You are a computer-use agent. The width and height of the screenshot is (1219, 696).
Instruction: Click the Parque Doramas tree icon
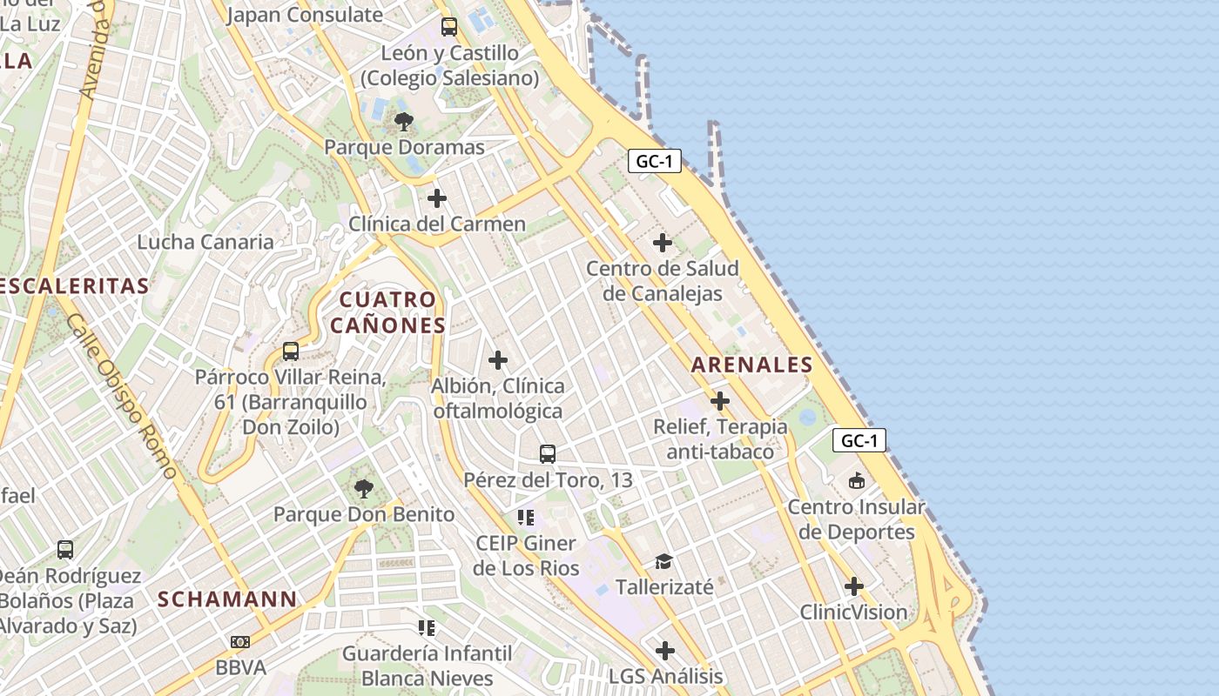[x=403, y=121]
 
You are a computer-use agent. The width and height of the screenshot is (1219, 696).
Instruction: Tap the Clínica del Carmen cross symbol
[x=437, y=198]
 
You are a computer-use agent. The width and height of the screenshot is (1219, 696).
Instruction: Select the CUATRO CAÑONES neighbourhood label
[x=387, y=312]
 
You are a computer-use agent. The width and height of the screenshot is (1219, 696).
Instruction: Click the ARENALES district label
[x=751, y=365]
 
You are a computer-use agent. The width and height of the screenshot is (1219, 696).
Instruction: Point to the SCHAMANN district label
[x=227, y=599]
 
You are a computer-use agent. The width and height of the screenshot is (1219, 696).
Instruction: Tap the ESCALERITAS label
[x=75, y=285]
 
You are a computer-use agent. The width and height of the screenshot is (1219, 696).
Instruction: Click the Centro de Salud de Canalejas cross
[x=663, y=242]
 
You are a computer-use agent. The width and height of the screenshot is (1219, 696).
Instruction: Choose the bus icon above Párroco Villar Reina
[x=291, y=351]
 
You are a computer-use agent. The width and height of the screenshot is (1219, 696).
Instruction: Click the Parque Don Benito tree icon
[x=364, y=489]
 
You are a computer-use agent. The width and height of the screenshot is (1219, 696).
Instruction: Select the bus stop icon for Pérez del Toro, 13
[x=547, y=454]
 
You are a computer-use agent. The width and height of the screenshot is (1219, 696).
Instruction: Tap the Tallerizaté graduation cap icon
[x=664, y=562]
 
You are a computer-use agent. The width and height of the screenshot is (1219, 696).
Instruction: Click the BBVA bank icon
[x=239, y=642]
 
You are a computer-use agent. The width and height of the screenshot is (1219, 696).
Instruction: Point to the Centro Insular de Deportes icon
[x=857, y=481]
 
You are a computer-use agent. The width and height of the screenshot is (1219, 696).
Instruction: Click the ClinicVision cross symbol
[x=854, y=586]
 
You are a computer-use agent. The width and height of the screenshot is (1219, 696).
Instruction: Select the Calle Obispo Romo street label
[x=121, y=397]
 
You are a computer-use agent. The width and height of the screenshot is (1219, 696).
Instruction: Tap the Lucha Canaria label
[x=205, y=242]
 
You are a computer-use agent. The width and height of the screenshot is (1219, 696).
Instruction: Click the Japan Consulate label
[x=305, y=15]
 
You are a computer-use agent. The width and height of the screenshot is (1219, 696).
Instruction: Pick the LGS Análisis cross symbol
[x=665, y=651]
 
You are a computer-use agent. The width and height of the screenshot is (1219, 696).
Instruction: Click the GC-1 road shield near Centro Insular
[x=859, y=440]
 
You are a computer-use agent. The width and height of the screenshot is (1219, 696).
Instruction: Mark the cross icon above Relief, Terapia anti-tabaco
[x=720, y=401]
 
